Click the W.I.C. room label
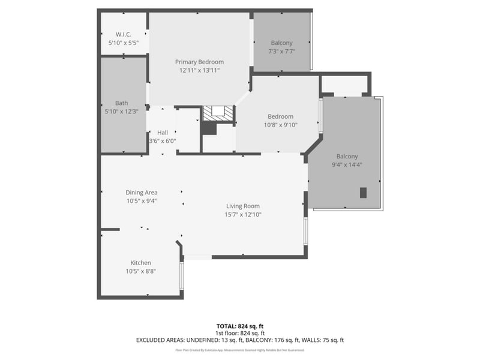pyautogui.click(x=124, y=34)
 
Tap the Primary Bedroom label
pyautogui.click(x=199, y=62)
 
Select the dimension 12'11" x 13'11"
pyautogui.click(x=199, y=70)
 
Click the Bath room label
pyautogui.click(x=122, y=103)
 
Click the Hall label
pyautogui.click(x=163, y=133)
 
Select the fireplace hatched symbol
pyautogui.click(x=217, y=113)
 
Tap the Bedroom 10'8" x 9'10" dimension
pyautogui.click(x=280, y=125)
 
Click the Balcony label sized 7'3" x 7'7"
pyautogui.click(x=281, y=43)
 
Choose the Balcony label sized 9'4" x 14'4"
pyautogui.click(x=347, y=156)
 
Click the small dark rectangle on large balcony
pyautogui.click(x=363, y=193)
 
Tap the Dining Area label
pyautogui.click(x=142, y=193)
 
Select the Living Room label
pyautogui.click(x=243, y=206)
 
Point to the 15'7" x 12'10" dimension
pyautogui.click(x=243, y=214)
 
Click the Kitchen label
pyautogui.click(x=141, y=263)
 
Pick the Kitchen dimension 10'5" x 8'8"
pyautogui.click(x=141, y=271)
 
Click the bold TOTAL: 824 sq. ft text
pyautogui.click(x=239, y=326)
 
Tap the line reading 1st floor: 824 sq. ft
pyautogui.click(x=239, y=333)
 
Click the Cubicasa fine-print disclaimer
pyautogui.click(x=239, y=349)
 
